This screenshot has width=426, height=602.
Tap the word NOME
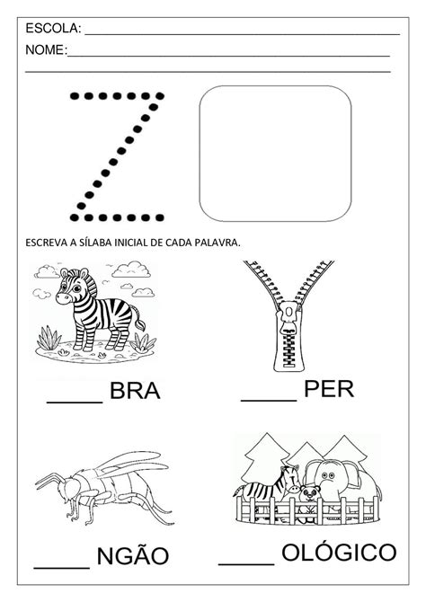[x=45, y=51]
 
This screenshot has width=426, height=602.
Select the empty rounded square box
[x=275, y=153]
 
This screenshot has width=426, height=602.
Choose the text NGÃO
[x=135, y=554]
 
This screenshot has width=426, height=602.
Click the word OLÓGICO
[x=337, y=551]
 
